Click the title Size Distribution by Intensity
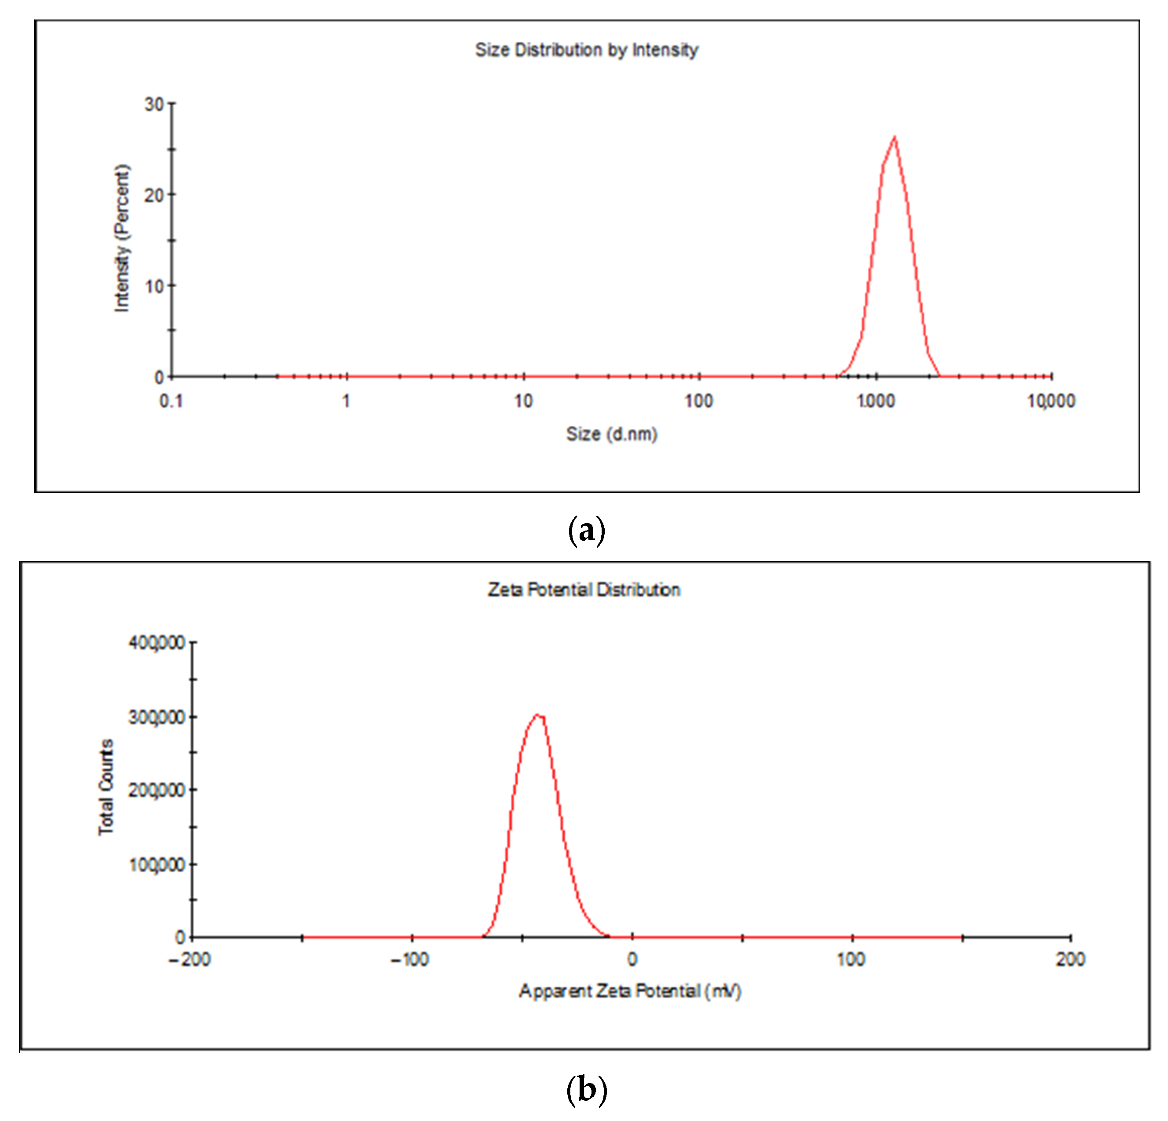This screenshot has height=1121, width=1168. point(586,50)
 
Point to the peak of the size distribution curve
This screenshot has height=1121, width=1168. point(894,138)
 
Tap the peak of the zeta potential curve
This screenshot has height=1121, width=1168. point(537,715)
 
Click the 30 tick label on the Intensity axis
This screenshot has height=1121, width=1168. point(154,105)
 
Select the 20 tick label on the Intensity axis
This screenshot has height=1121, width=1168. point(154,196)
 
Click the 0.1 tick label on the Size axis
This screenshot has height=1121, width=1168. point(171,401)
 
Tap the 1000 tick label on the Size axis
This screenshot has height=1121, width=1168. point(876,401)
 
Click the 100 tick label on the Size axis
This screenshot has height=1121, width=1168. point(699,401)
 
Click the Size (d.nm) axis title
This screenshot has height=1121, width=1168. point(611,434)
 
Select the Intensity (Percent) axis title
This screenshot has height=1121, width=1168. point(122,238)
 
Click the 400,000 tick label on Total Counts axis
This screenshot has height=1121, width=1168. point(157,643)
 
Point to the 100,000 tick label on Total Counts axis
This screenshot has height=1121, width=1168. point(157,865)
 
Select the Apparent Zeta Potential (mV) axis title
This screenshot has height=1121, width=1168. point(630,991)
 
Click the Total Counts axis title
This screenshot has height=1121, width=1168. point(106,787)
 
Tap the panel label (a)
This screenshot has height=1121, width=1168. point(586,530)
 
